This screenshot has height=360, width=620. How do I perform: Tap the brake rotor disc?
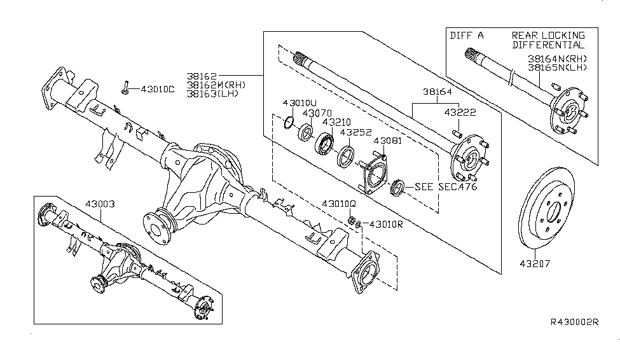(553, 209)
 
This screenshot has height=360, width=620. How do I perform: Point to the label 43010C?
(157, 89)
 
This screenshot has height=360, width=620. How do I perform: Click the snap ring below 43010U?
(289, 122)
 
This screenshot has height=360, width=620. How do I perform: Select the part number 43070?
(317, 113)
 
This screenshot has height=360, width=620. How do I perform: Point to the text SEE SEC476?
(445, 187)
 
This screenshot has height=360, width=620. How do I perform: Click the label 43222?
(461, 112)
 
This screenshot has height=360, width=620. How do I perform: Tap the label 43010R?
(387, 224)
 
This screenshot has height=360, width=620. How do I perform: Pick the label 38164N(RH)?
(557, 59)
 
